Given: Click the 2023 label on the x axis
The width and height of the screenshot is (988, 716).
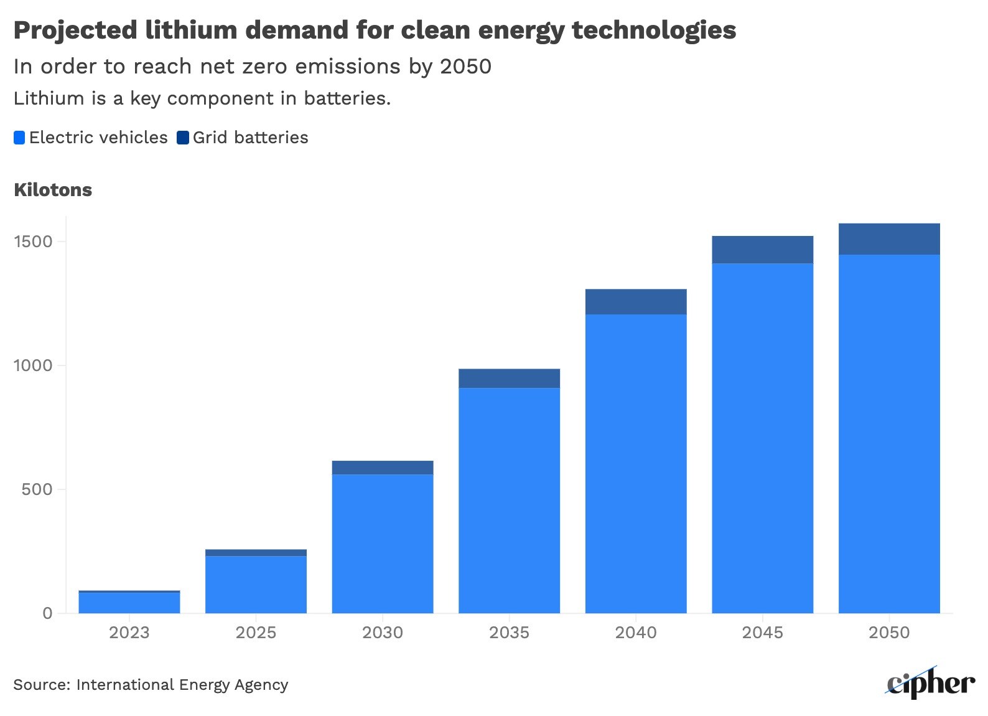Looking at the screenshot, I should coord(129,633).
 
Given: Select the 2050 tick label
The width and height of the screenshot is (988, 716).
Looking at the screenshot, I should coord(888,633).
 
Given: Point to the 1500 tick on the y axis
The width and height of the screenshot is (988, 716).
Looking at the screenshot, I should coord(33,242).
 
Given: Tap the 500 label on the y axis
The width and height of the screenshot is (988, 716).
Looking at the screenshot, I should coord(37,489).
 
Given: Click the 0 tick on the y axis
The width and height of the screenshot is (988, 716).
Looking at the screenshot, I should coord(47,613).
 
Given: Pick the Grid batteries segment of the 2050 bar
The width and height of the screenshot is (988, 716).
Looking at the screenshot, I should coord(889,239).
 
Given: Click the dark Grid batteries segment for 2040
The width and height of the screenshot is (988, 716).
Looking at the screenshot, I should coord(636,302).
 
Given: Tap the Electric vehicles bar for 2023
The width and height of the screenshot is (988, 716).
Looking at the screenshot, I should coord(129,603).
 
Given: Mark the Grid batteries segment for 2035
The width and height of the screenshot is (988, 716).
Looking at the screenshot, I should coord(509,379).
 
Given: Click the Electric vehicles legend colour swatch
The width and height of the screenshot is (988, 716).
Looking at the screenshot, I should coord(19,138).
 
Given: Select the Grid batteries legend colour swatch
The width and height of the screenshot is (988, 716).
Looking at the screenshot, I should coord(183,138).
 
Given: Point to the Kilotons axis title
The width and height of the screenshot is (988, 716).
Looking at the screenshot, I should coord(53,190).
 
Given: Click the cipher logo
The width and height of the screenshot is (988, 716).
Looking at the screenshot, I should coord(930,683).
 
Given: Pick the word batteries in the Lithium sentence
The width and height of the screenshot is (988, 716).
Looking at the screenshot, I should coord(347,98).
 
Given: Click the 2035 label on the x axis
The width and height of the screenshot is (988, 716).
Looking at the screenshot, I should coord(509,633).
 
